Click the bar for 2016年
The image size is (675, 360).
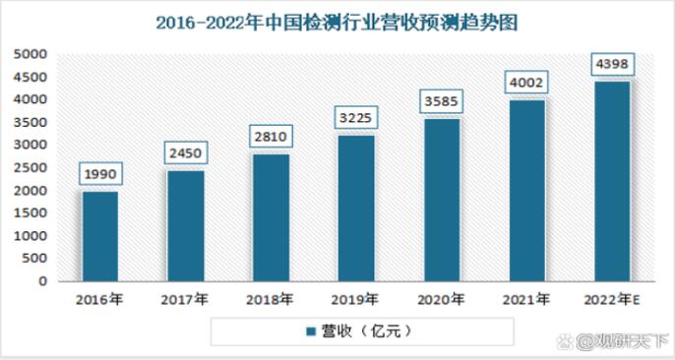point(100,236)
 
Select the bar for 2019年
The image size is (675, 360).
point(355,208)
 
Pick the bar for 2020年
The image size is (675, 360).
point(441,200)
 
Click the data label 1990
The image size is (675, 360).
point(100,173)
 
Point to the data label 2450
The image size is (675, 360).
point(185,152)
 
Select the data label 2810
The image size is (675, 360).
point(271,136)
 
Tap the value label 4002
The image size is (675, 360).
point(525,82)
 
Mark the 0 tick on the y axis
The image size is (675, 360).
point(42,281)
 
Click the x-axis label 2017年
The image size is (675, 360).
point(185,299)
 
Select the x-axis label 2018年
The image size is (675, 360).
point(271,299)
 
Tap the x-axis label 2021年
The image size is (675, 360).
point(525,299)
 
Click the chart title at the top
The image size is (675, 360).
point(337,20)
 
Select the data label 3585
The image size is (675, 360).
point(441,100)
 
